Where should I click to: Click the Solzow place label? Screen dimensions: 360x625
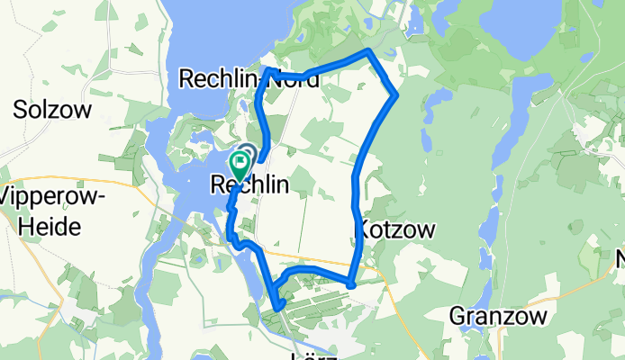pos(53,110)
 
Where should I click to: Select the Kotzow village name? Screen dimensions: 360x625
pos(397,229)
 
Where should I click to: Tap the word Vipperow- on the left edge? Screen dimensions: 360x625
pos(54,197)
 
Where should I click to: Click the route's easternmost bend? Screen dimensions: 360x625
pos(395,94)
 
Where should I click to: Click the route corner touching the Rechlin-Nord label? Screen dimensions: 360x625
pos(268,69)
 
